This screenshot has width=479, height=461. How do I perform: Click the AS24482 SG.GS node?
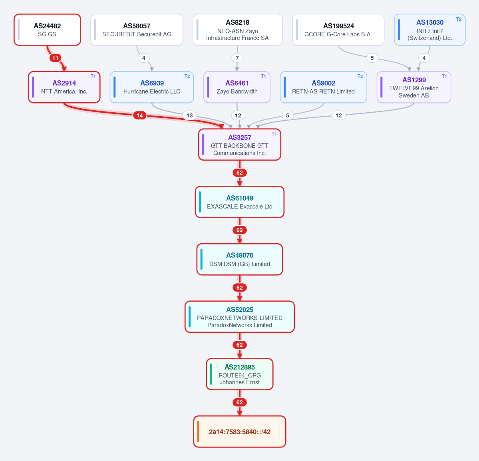point(48,30)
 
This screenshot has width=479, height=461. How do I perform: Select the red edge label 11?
point(55,58)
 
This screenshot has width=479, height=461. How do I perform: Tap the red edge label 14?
point(139,115)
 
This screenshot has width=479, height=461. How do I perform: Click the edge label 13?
point(190,115)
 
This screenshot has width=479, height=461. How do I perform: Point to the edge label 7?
point(237,58)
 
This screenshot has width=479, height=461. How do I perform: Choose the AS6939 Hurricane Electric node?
point(152,87)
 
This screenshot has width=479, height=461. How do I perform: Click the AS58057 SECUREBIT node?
point(137,30)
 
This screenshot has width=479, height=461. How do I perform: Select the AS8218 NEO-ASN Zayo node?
point(237,30)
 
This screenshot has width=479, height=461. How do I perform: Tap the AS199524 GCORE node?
point(338,30)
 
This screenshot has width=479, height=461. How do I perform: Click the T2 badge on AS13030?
point(459,19)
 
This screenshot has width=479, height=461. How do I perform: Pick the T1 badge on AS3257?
point(274,134)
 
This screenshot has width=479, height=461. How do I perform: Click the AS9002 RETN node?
point(323,87)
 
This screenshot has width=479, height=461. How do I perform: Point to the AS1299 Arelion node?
point(413,87)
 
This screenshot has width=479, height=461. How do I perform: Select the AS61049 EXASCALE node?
point(240,202)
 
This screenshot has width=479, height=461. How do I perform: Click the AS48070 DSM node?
point(240,259)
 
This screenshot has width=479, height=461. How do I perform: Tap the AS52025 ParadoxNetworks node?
point(240,317)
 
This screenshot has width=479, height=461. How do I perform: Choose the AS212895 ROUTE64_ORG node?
point(240,374)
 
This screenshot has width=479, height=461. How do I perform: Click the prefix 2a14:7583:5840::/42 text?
point(240,432)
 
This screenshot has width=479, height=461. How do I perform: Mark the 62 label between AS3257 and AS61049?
point(240,173)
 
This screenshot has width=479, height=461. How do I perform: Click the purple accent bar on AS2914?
point(33,87)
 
